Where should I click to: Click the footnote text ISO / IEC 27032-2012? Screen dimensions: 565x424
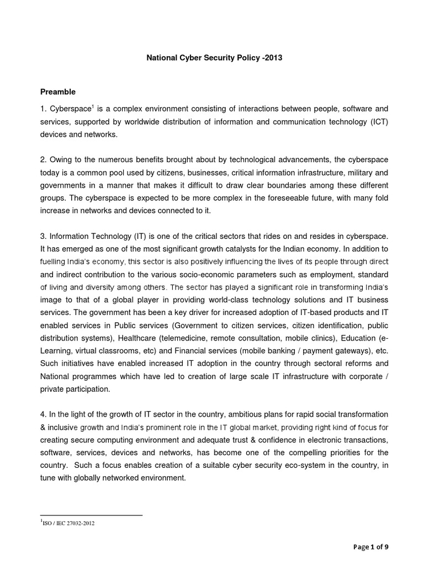pos(70,524)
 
